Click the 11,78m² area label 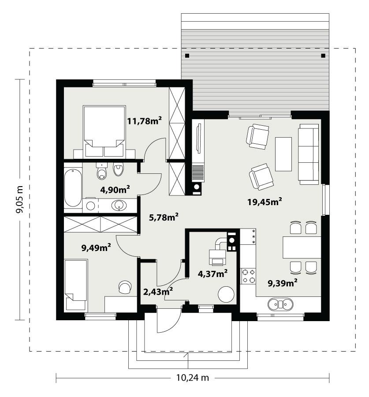point(142,120)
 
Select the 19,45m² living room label point(264,202)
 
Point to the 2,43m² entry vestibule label point(158,291)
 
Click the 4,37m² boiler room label point(212,273)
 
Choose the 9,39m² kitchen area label point(283,283)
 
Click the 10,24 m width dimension point(192,377)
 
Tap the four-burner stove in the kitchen point(248,276)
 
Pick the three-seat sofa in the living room point(309,153)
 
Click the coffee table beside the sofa point(283,154)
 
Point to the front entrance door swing point(168,321)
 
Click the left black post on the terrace point(187,56)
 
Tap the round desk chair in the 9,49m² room point(125,287)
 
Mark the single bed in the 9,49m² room point(76,280)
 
